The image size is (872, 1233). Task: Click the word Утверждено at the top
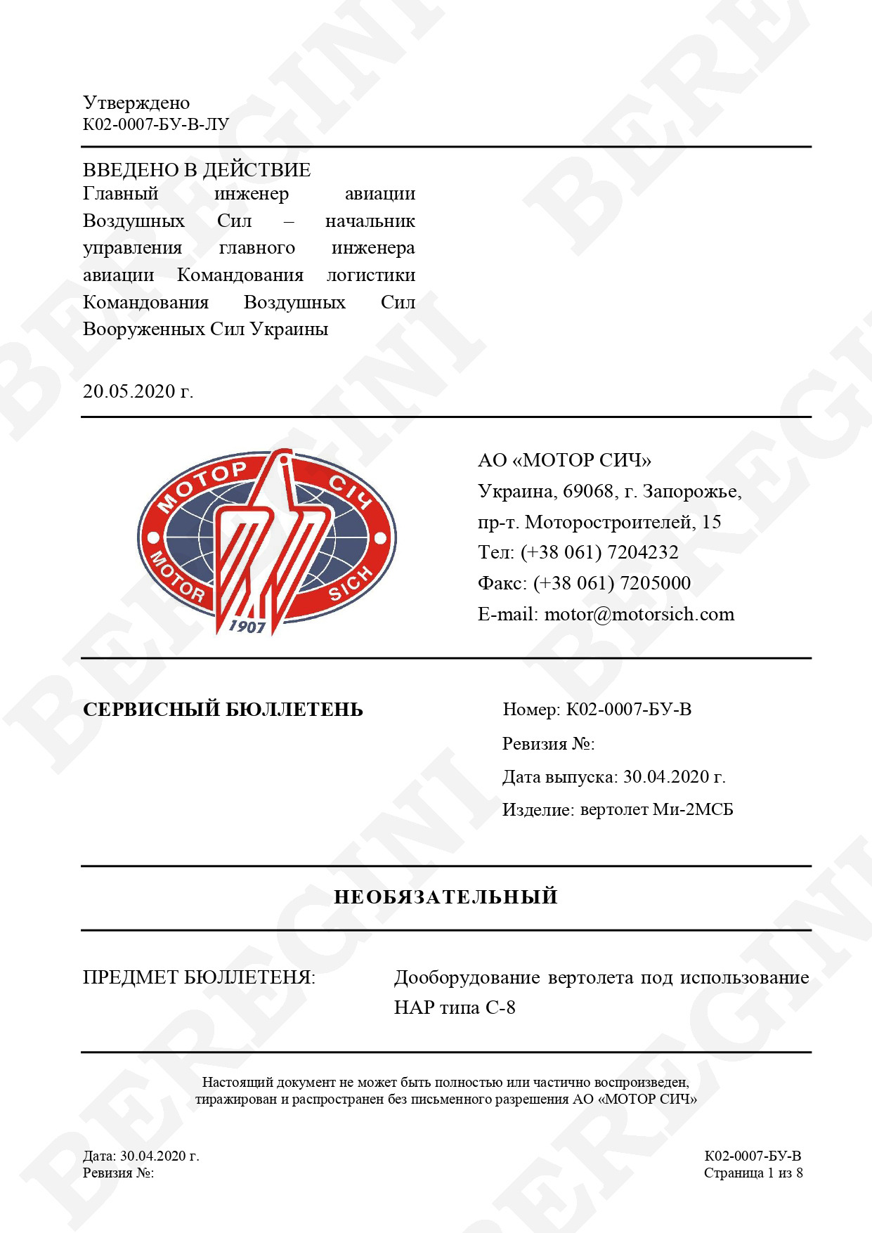coord(136,103)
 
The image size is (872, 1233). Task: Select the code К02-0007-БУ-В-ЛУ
coord(156,125)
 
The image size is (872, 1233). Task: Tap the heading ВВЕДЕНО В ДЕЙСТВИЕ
coord(197,170)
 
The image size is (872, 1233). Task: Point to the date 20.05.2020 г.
coord(138,391)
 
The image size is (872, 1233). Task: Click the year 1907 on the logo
coord(247,625)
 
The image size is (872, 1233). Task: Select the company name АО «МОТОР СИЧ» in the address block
coord(564,460)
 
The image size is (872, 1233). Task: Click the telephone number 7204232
coord(642,552)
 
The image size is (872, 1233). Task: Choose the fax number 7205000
coord(655,583)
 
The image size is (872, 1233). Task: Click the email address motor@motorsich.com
coord(639,614)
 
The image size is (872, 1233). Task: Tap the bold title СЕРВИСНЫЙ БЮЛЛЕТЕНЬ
coord(223,710)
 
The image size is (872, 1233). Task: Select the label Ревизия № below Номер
coord(548,743)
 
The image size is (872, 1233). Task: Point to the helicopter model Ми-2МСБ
coord(693,810)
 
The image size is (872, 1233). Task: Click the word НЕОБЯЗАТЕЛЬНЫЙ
coord(445,897)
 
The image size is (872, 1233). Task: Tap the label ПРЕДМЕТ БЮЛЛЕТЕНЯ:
coord(199,977)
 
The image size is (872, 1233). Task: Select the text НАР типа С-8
coord(455,1007)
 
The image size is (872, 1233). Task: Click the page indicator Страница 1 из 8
coord(753,1173)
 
